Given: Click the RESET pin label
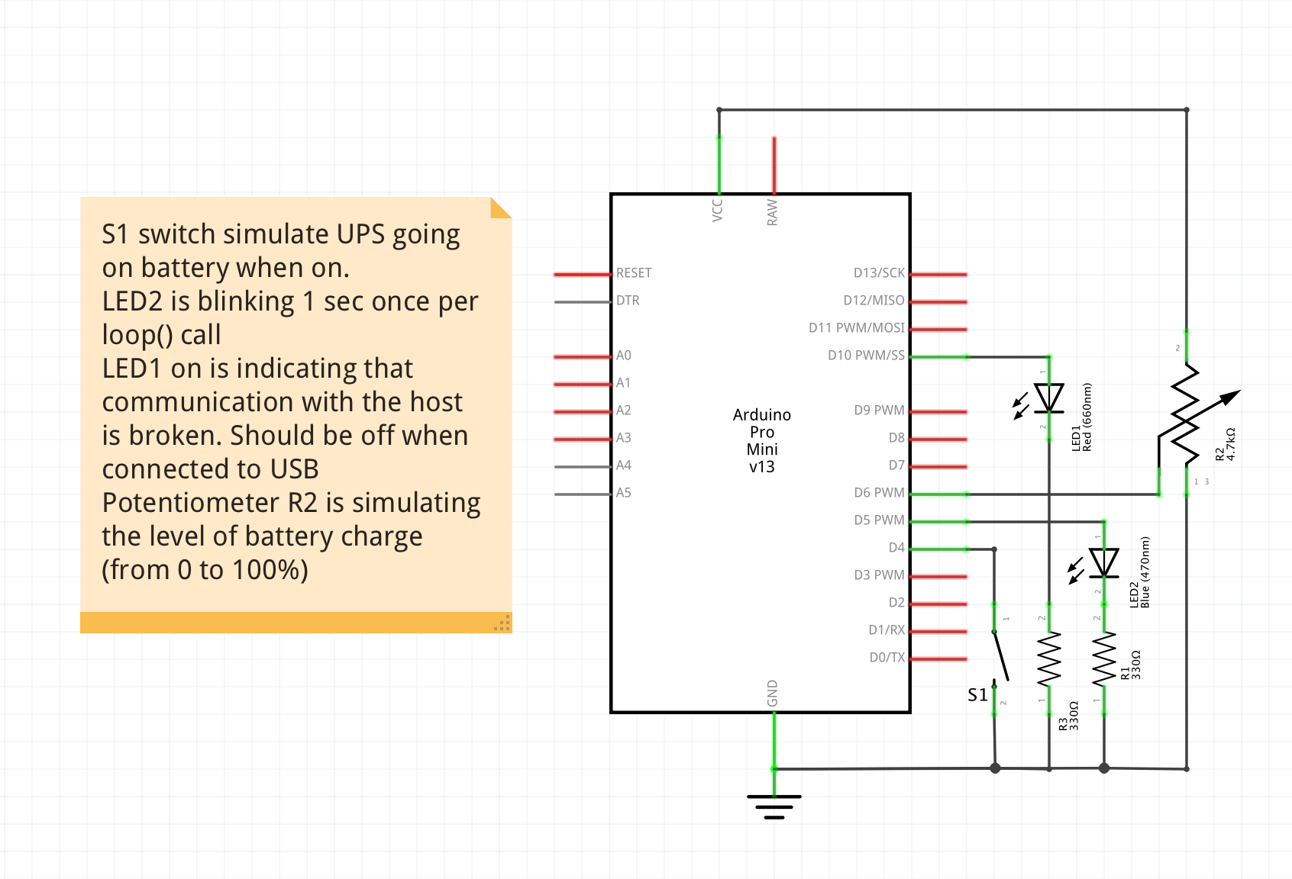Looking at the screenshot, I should click(x=633, y=273).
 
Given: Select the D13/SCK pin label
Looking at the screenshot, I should click(x=879, y=273).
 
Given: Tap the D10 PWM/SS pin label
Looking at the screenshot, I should click(x=866, y=356).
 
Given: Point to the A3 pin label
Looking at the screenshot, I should click(x=623, y=438).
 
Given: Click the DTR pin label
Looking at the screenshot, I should click(x=628, y=301).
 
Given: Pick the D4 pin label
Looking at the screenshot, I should click(x=896, y=548).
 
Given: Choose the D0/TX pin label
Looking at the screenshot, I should click(x=887, y=658).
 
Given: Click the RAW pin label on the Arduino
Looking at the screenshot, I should click(x=773, y=212).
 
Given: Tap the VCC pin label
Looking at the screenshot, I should click(x=717, y=210).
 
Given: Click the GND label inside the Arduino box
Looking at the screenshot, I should click(x=773, y=694).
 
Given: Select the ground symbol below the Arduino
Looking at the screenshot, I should click(x=774, y=806).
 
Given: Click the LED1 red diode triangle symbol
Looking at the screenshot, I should click(x=1049, y=398).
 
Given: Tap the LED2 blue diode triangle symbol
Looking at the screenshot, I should click(x=1104, y=562).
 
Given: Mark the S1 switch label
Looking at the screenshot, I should click(x=977, y=695).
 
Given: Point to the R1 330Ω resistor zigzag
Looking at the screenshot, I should click(x=1104, y=659).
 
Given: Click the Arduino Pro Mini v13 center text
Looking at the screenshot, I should click(x=762, y=441).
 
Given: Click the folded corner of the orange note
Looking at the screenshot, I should click(x=500, y=208).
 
